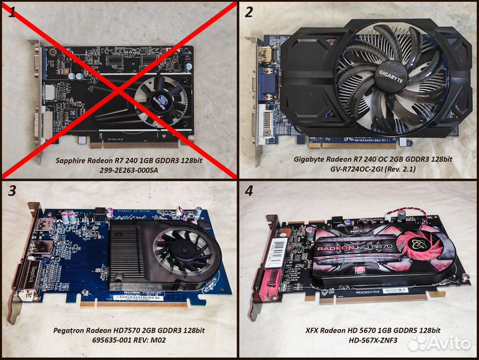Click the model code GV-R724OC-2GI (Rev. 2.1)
tap(372, 171)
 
